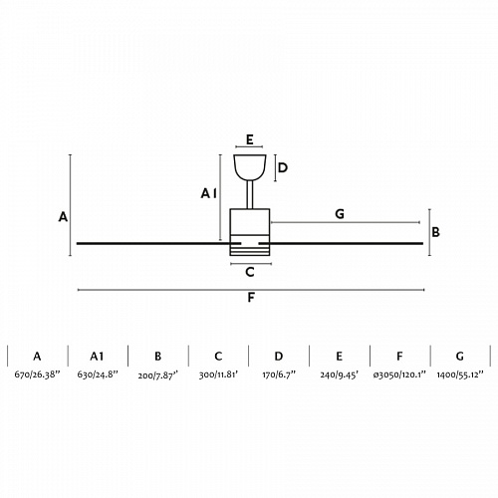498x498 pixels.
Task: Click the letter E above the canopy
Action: click(x=250, y=139)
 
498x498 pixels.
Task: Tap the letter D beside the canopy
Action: click(x=283, y=168)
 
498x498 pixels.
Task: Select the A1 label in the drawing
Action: click(x=208, y=193)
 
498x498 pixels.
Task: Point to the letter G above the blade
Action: click(x=340, y=214)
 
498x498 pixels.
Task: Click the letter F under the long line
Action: click(x=251, y=298)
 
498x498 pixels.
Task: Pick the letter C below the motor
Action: click(x=250, y=272)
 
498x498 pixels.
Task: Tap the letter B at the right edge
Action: click(x=435, y=232)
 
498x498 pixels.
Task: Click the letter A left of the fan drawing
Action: click(x=63, y=217)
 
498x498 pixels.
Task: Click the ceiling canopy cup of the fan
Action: click(x=250, y=167)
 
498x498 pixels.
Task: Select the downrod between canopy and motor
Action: click(x=250, y=194)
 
